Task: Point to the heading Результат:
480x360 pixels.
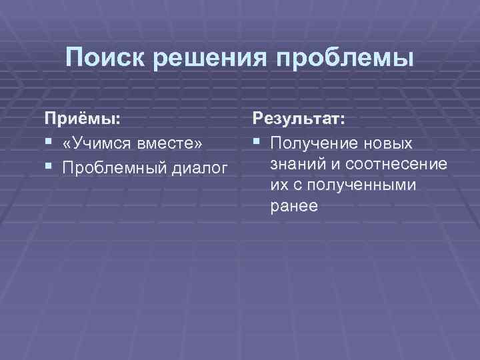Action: (298, 119)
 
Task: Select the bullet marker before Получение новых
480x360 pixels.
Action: (257, 143)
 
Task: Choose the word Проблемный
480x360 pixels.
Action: (111, 165)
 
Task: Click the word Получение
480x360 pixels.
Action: (311, 143)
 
